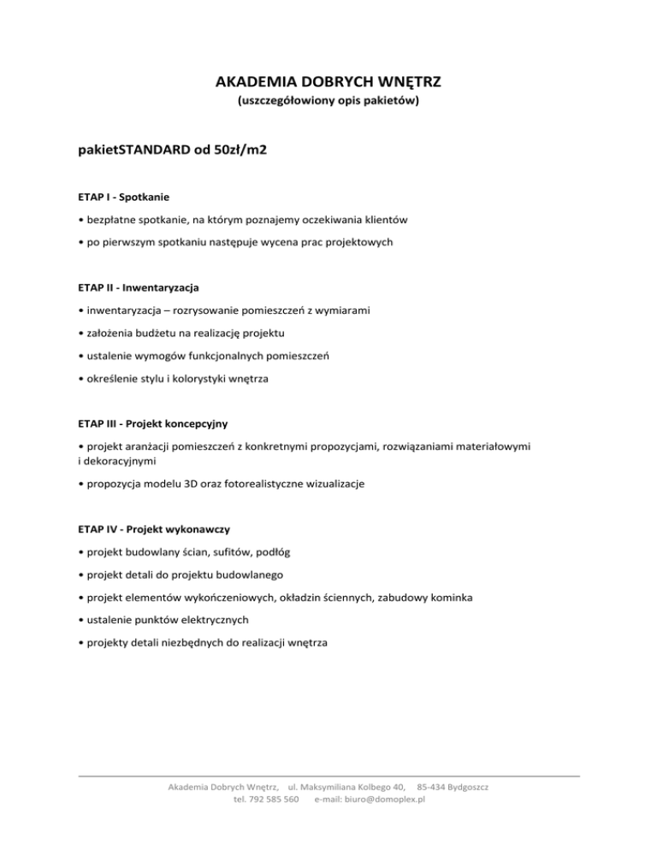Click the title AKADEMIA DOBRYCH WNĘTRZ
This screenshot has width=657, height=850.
coord(328,83)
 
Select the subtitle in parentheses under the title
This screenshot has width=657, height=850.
coord(328,109)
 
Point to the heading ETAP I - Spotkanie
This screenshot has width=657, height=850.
coord(121,197)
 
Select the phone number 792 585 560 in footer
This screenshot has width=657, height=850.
coord(272,800)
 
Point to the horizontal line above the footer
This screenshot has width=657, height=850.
coord(328,776)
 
